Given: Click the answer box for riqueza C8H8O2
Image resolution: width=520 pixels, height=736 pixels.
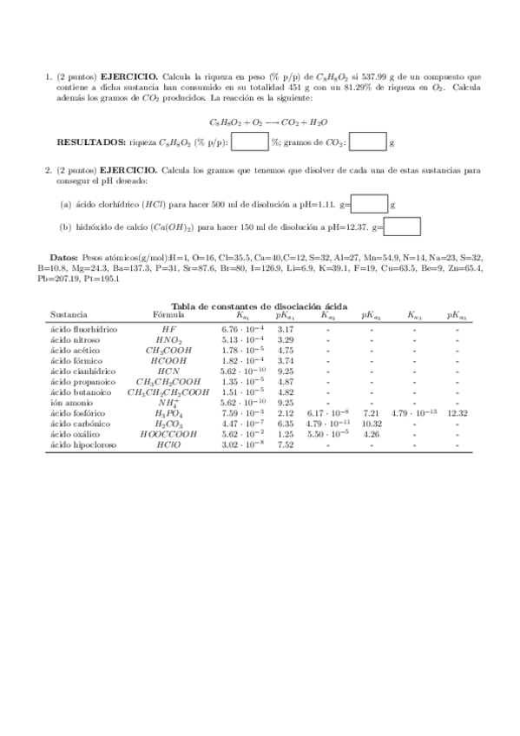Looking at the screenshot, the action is pos(250,141).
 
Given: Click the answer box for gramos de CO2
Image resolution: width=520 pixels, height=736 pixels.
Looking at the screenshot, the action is pos(367,141).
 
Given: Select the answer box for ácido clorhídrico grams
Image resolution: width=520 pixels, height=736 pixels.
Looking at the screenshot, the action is pos(370,205).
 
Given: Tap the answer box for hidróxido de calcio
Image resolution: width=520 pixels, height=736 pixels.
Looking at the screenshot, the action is pos(402,227).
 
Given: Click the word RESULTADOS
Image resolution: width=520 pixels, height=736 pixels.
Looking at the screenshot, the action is pos(90,142).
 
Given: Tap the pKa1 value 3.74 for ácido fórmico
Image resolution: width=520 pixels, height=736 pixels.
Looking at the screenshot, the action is pos(285,361).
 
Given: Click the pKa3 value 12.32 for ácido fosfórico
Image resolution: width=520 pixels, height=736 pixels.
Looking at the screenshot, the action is pos(457,414).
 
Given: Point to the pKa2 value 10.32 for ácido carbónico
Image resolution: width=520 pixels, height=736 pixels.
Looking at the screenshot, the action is pos(372,424).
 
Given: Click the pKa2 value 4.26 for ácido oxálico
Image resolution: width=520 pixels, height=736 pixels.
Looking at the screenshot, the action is pos(372,435).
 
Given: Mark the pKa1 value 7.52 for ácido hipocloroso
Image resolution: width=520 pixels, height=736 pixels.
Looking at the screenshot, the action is pos(285,445).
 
